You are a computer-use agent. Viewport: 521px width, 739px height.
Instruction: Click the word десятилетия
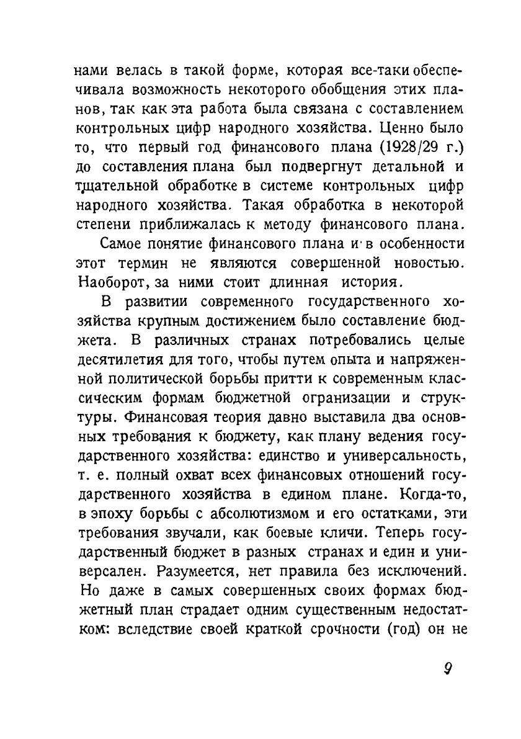[x=117, y=359]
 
